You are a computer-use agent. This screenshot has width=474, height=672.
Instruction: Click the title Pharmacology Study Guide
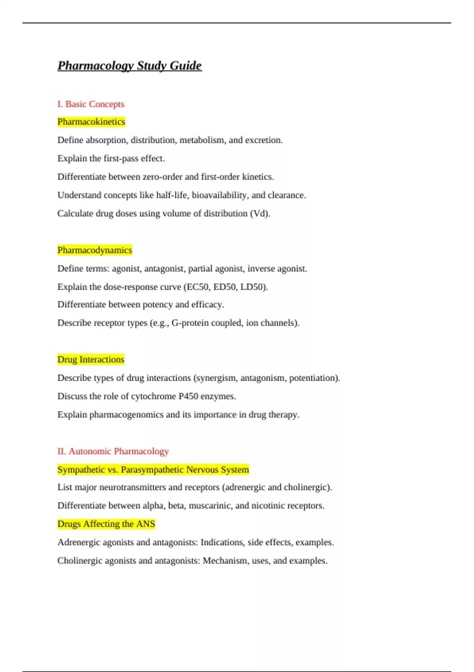(130, 66)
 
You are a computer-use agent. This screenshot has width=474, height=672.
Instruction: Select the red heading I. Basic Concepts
(91, 104)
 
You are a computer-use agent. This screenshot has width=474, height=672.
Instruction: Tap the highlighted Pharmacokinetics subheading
(91, 122)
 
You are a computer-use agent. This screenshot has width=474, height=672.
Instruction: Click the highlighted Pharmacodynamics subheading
(95, 250)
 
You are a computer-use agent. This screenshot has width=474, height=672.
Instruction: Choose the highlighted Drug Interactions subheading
(91, 359)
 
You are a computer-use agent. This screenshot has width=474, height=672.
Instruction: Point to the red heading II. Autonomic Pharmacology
(113, 451)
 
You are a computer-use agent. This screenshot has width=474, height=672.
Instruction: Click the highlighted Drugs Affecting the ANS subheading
(106, 524)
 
